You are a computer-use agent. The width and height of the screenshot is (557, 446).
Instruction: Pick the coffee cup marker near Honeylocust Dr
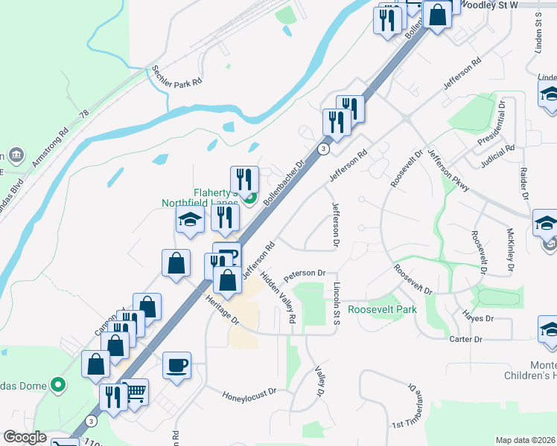(x=176, y=366)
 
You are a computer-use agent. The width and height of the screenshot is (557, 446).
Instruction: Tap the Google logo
(x=25, y=437)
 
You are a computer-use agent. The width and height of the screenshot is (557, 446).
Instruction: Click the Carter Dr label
(x=466, y=339)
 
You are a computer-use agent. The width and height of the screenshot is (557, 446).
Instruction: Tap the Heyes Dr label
(x=479, y=318)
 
